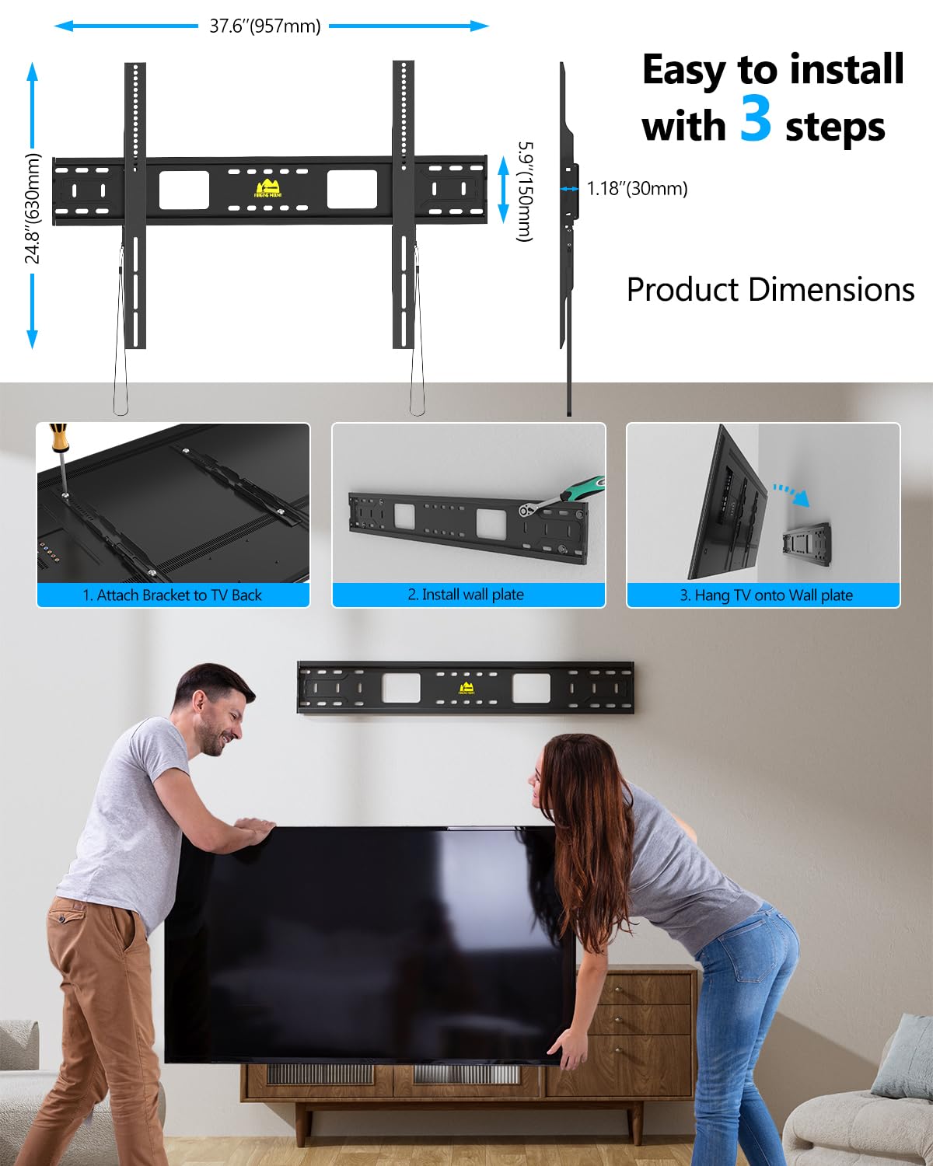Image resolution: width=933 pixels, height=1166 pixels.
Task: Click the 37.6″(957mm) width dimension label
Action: (x=264, y=26)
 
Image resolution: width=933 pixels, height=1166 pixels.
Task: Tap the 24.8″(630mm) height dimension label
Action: (x=32, y=208)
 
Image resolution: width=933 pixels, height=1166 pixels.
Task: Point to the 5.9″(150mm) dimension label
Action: (x=526, y=191)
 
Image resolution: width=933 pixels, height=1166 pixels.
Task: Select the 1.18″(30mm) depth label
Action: (x=637, y=189)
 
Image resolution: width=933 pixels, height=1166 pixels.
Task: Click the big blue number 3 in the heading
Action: (x=755, y=119)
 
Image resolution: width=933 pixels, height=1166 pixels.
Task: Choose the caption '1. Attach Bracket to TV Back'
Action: (x=173, y=595)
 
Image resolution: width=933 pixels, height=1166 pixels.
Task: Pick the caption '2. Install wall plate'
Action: (x=466, y=595)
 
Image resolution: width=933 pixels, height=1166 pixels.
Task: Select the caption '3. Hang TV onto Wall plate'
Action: (x=766, y=595)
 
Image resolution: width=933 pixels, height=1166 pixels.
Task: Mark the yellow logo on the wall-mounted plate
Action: (x=467, y=688)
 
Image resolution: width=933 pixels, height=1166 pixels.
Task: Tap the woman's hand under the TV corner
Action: (x=571, y=1049)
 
